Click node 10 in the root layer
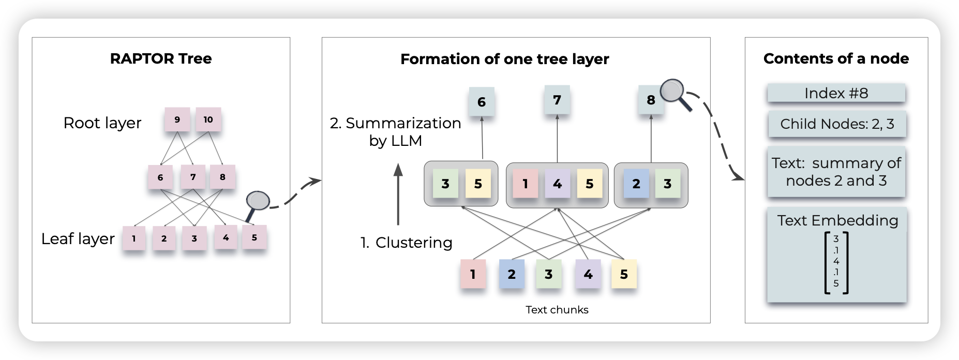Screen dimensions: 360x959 208,120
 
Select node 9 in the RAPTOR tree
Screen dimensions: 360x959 177,120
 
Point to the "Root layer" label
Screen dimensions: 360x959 102,123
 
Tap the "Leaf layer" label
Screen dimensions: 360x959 78,239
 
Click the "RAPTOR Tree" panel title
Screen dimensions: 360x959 161,58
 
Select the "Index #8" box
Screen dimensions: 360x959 836,94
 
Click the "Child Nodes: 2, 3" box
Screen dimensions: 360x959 837,124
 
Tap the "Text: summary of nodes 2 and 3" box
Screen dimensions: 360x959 836,172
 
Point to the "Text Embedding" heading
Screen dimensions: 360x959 837,220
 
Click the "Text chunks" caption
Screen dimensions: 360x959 557,310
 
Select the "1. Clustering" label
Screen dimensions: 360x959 406,243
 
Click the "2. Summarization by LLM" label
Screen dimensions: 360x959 396,131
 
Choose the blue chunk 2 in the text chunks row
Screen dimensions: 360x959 512,274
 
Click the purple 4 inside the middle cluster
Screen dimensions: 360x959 557,184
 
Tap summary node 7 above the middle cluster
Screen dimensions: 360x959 557,100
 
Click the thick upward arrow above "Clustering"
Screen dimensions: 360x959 398,194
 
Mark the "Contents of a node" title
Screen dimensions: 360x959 836,58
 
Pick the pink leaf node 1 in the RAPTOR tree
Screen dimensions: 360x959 134,238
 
